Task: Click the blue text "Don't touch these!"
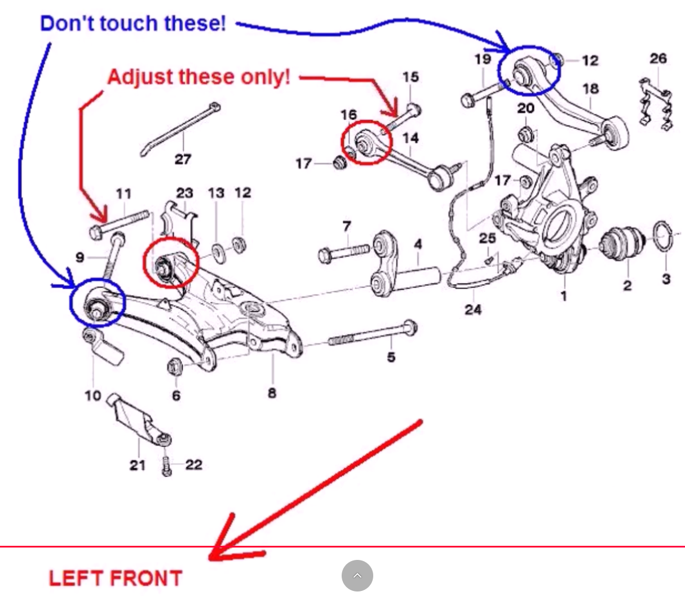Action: click(x=133, y=24)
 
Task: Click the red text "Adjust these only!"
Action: click(x=198, y=77)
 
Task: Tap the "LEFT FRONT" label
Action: click(x=116, y=579)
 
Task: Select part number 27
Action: click(x=183, y=159)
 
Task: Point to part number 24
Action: click(x=473, y=309)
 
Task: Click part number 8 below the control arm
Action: click(x=272, y=392)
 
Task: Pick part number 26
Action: click(x=658, y=59)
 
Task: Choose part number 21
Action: click(x=138, y=465)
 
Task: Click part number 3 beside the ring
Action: click(x=666, y=279)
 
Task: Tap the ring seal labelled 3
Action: click(x=662, y=237)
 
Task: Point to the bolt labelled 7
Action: click(x=344, y=252)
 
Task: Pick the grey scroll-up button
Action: click(x=357, y=576)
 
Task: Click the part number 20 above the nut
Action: click(x=525, y=108)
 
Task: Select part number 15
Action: click(x=410, y=77)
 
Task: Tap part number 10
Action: click(x=92, y=395)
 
